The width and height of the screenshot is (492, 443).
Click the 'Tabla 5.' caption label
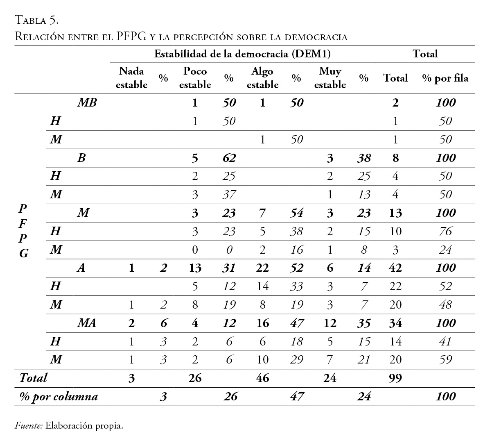click(x=37, y=20)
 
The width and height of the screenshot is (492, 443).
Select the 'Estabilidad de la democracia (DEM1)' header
click(x=242, y=54)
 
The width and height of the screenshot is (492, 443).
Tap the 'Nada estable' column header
click(x=131, y=78)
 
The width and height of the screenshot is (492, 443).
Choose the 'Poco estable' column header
click(x=195, y=78)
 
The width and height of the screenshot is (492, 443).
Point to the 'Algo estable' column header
click(x=262, y=78)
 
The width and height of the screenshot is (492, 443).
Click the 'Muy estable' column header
click(x=330, y=78)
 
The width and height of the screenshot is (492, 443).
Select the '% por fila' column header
click(x=445, y=78)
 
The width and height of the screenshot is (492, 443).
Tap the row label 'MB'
click(x=87, y=102)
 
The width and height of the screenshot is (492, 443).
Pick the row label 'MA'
click(x=87, y=323)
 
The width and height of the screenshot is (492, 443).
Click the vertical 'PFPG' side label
click(x=23, y=231)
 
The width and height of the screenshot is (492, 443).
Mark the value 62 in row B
click(x=229, y=158)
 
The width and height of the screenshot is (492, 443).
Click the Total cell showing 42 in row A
click(x=395, y=268)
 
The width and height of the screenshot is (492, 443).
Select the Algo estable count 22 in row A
click(x=262, y=268)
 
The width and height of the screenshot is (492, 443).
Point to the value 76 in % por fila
click(x=445, y=231)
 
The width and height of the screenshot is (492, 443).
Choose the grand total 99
click(x=395, y=378)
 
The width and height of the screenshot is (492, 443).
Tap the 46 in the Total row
click(x=262, y=378)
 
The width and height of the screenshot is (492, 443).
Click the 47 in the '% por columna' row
click(x=297, y=396)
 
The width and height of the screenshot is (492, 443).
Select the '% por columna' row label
click(x=59, y=396)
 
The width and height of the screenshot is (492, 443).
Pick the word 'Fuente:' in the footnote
click(x=29, y=426)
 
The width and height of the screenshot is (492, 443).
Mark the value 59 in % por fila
click(x=445, y=359)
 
